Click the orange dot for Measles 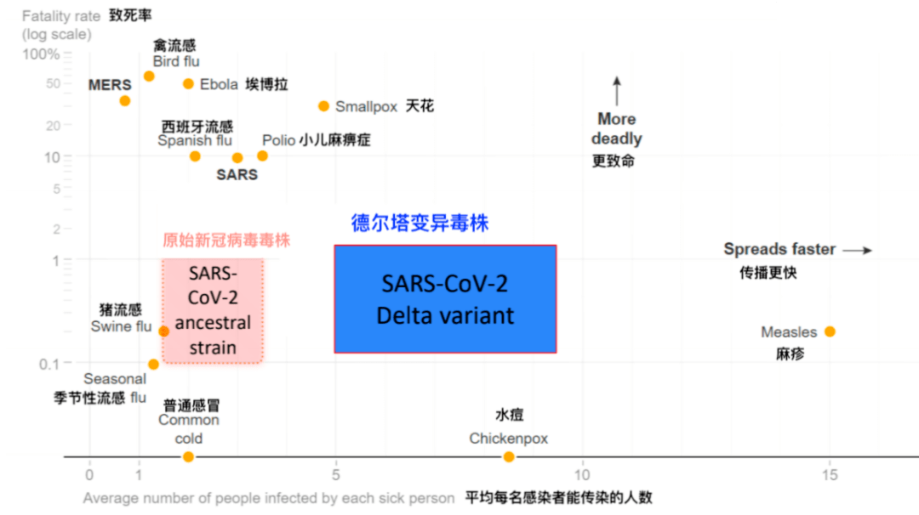coord(830,331)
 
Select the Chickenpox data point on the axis coord(509,456)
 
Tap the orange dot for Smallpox coord(323,106)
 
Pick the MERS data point coord(125,101)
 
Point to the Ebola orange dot coord(188,83)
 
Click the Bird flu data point coord(149,76)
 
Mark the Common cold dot coord(188,456)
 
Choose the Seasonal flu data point coord(153,365)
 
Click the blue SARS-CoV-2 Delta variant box coord(445,299)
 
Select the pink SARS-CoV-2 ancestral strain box coord(213,311)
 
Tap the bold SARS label coord(237,174)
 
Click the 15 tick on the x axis coord(830,474)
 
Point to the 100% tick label coord(41,54)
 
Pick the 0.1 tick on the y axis coord(49,364)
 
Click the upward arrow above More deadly coord(617,91)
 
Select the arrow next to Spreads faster coord(858,250)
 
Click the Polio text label coord(278,140)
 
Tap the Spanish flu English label coord(195,140)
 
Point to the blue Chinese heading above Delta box coord(420,223)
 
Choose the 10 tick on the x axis coord(582,474)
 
